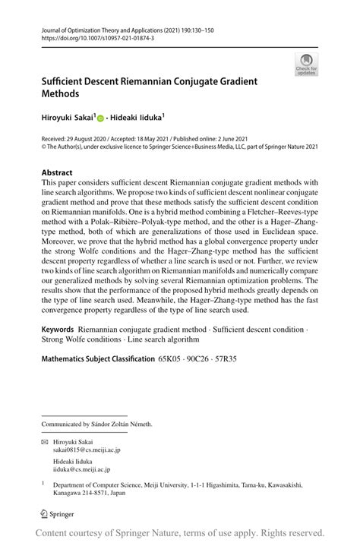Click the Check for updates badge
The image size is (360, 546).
click(306, 65)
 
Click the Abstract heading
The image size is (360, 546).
click(57, 172)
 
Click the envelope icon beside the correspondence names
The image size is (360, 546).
click(45, 440)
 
